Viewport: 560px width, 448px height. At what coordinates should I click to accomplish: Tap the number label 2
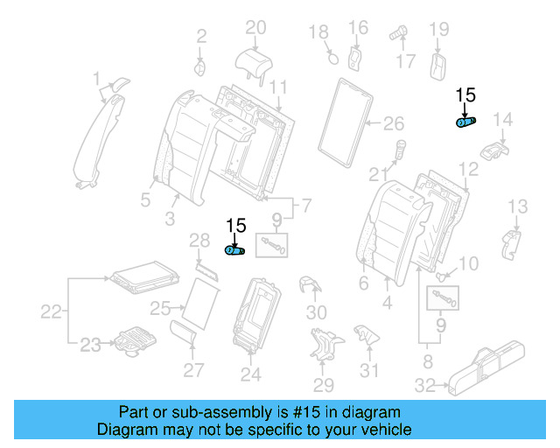[201, 36]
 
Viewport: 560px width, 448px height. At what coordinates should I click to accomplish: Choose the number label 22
[53, 311]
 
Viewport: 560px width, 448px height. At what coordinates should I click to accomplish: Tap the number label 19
[438, 29]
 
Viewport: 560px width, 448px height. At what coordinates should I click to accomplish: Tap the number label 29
[324, 386]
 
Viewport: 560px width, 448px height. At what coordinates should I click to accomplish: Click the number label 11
[278, 87]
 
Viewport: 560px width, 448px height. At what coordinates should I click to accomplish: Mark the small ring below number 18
[332, 59]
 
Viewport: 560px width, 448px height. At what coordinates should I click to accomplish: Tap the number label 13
[518, 206]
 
